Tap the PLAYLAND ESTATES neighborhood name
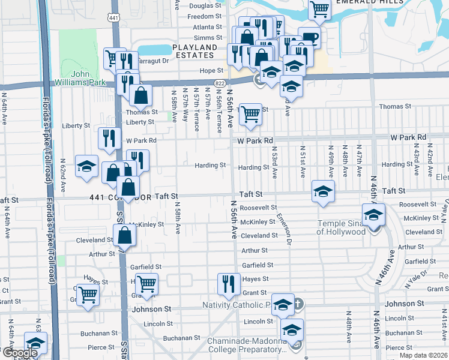[x=194, y=51]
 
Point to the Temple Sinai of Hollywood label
[x=348, y=227]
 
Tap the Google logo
[x=20, y=353]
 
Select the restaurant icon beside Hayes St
[x=228, y=283]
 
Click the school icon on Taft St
[x=323, y=191]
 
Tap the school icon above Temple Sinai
[x=373, y=214]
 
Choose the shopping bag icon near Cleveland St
[x=124, y=235]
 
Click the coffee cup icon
[x=309, y=37]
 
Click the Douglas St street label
[x=205, y=6]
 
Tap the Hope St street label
[x=211, y=71]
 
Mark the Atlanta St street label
[x=207, y=27]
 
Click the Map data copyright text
[x=424, y=355]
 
